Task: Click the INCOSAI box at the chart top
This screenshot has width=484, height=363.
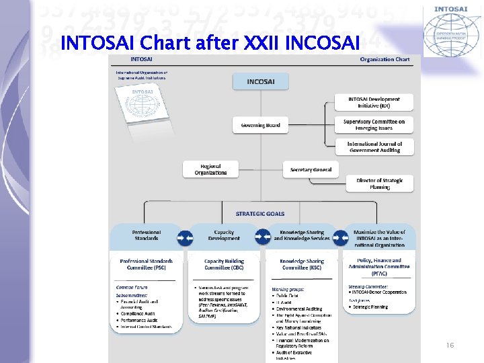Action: [x=260, y=82]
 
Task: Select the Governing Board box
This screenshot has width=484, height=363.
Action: [x=260, y=124]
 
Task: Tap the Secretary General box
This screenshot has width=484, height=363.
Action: [x=311, y=170]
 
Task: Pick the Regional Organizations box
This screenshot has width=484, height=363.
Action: [x=210, y=169]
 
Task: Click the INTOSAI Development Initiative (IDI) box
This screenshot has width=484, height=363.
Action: [x=374, y=102]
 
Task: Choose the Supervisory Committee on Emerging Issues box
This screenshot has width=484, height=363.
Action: [x=374, y=124]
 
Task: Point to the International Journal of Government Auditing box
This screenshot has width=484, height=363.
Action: [x=374, y=147]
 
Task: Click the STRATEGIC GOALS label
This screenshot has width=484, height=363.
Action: [x=260, y=214]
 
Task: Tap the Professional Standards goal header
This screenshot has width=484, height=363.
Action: [x=146, y=235]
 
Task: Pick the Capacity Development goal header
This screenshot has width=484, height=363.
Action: [x=224, y=235]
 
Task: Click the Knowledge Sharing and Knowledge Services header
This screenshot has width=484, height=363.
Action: [x=302, y=235]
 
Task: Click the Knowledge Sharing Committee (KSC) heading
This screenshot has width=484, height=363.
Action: [x=302, y=264]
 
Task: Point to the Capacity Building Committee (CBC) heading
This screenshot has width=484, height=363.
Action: [x=224, y=264]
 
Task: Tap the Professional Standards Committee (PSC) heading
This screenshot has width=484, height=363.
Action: [x=146, y=264]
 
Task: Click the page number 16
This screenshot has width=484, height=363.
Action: [x=450, y=345]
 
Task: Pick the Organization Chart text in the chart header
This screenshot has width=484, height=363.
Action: [x=385, y=59]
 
